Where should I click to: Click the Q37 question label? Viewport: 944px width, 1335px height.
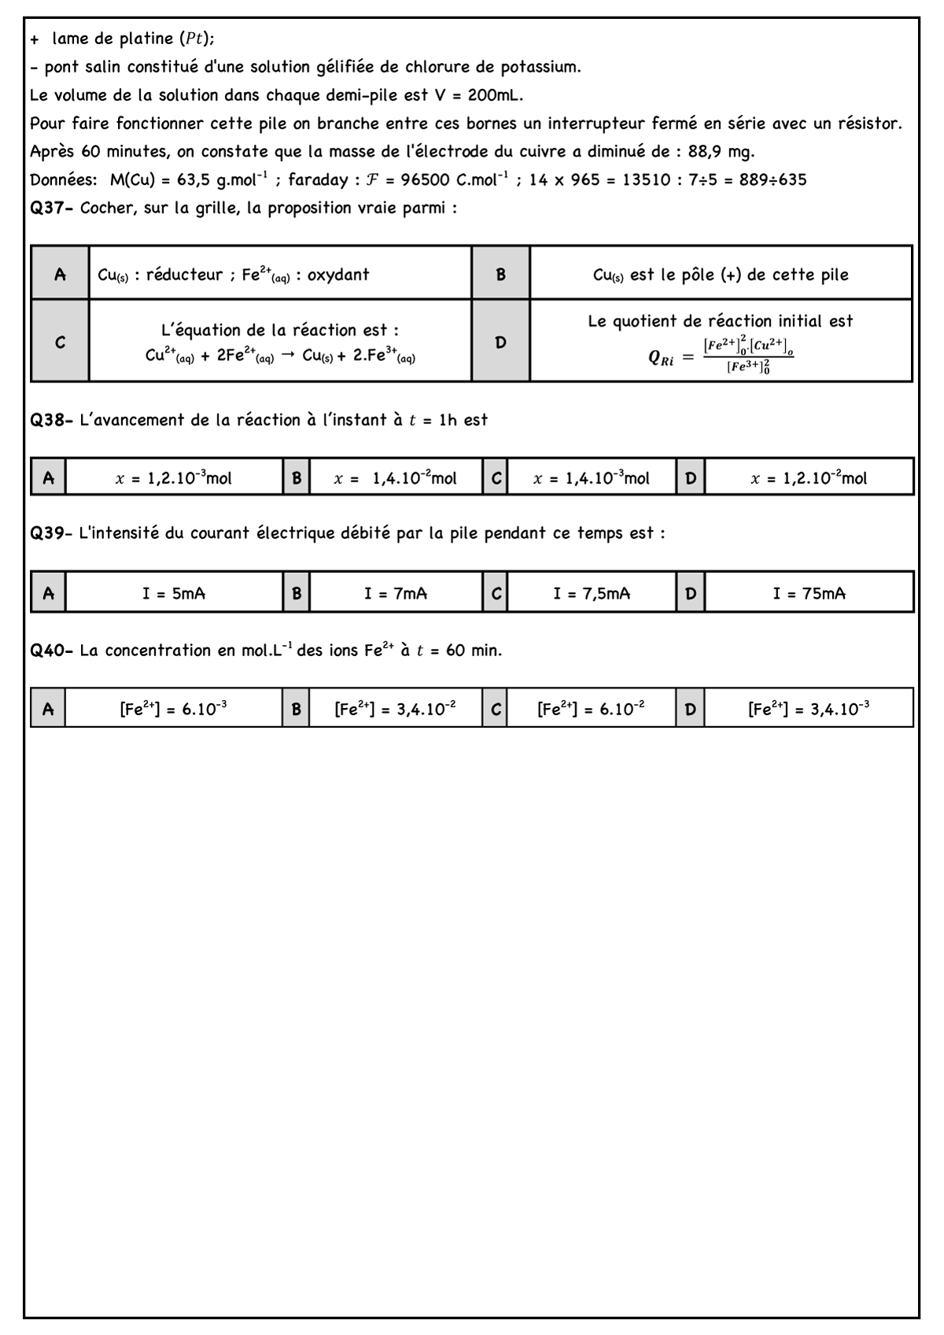(x=52, y=208)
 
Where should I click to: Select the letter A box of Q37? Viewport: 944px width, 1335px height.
(x=60, y=275)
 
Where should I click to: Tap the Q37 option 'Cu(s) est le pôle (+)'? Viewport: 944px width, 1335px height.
(x=721, y=275)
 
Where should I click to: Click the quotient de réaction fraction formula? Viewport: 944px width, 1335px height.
(x=747, y=356)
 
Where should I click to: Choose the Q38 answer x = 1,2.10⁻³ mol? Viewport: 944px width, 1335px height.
(x=174, y=478)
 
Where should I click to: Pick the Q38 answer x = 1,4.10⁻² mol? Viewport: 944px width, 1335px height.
(x=395, y=478)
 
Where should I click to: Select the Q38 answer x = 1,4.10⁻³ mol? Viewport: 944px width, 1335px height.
(x=591, y=478)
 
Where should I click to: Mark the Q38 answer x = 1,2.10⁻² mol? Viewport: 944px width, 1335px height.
(x=809, y=478)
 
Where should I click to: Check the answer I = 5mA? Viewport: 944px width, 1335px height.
(x=174, y=593)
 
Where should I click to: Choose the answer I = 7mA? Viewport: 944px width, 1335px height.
(x=395, y=593)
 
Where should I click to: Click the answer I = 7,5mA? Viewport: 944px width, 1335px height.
(x=591, y=593)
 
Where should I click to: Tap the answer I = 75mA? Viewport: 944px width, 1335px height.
(x=809, y=593)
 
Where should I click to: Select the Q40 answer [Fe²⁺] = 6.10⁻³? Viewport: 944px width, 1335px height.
(x=174, y=709)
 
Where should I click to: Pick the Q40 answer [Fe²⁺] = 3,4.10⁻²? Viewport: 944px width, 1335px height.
(x=395, y=709)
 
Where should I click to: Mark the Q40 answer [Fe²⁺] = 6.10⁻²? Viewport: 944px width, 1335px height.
(x=591, y=709)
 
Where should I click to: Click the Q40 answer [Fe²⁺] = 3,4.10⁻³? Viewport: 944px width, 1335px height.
(x=809, y=709)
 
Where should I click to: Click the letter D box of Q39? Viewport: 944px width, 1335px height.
(x=690, y=593)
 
